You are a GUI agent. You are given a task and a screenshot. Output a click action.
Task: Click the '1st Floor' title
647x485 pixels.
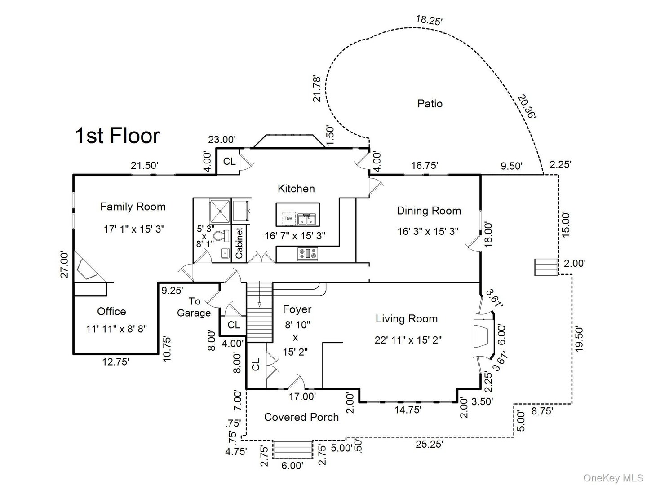pos(117,136)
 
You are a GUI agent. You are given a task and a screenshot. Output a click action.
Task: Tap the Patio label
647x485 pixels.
pos(430,104)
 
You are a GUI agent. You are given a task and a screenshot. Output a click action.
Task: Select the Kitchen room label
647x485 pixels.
pos(296,189)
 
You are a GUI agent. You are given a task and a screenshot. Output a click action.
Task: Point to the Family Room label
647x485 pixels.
pos(133,207)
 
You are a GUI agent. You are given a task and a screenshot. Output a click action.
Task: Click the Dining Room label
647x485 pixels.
pos(429,211)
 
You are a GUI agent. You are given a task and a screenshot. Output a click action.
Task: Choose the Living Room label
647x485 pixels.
pos(407,319)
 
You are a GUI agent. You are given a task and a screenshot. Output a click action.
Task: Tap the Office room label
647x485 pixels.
pos(111,311)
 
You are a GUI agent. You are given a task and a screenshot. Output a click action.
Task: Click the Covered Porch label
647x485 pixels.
pos(301,417)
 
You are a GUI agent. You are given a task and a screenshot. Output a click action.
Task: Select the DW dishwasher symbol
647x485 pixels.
pos(288,219)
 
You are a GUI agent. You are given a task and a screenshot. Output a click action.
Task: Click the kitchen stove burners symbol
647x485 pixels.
pos(308,254)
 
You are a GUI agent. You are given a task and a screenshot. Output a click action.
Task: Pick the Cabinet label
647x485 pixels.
pos(239,243)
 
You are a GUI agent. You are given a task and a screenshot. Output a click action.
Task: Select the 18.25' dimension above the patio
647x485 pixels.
pos(429,20)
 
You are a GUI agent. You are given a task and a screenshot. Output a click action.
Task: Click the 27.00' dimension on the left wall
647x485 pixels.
pos(65,265)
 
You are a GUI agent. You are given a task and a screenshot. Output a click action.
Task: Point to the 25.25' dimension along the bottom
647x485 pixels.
pos(429,444)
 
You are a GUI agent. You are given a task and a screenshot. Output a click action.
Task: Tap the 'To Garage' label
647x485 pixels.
pos(194,307)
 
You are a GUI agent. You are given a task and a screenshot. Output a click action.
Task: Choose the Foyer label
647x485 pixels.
pos(297,309)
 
